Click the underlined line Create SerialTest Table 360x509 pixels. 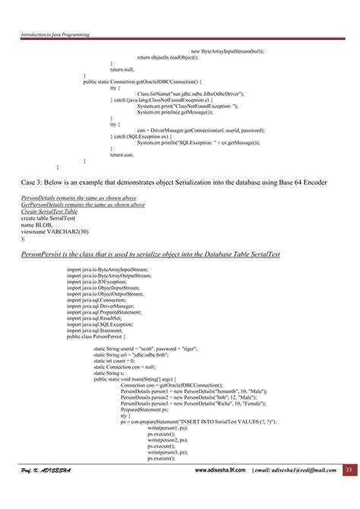pyautogui.click(x=55, y=212)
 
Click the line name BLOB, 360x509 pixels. pyautogui.click(x=35, y=225)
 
